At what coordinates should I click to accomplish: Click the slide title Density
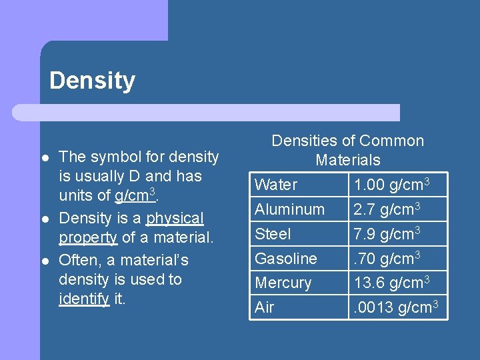(x=92, y=81)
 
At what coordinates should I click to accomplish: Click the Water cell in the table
(x=276, y=185)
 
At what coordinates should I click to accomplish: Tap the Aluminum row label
(x=289, y=209)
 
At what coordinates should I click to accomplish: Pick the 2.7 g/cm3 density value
(x=387, y=209)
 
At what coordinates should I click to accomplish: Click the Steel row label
(x=273, y=234)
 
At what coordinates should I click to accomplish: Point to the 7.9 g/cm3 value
(x=387, y=234)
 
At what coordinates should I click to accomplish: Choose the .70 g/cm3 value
(x=387, y=259)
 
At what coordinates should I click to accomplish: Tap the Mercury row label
(x=283, y=283)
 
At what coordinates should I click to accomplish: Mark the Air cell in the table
(x=264, y=308)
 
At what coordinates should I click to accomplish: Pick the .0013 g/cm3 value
(x=395, y=308)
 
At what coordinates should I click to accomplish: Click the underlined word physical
(x=175, y=219)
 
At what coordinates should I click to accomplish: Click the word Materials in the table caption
(x=347, y=160)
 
